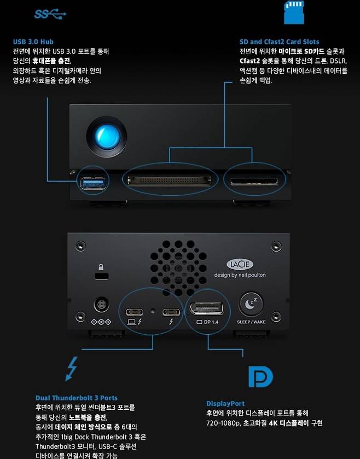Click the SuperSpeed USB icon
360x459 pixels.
(50, 14)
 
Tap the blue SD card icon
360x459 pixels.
(294, 12)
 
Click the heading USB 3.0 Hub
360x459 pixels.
(33, 42)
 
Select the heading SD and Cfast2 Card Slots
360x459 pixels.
(279, 42)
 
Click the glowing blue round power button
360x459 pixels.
(107, 137)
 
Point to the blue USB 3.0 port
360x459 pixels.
(93, 183)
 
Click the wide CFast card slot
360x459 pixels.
(170, 181)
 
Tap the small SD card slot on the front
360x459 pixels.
(254, 182)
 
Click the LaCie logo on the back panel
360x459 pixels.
(240, 264)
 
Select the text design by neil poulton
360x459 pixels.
(240, 275)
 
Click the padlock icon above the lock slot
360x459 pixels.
(101, 266)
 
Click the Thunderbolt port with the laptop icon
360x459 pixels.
(135, 312)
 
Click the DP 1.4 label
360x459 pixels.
(207, 322)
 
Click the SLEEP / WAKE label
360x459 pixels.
(251, 322)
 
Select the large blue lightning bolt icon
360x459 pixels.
(72, 369)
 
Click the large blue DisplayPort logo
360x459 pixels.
(260, 376)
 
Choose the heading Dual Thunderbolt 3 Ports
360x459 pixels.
(77, 398)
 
